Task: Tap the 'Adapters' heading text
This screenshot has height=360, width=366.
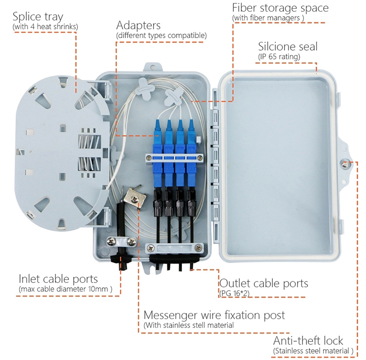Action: tap(138, 25)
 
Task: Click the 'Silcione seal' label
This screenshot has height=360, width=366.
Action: tap(287, 46)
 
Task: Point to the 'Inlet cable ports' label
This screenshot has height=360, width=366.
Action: tap(58, 279)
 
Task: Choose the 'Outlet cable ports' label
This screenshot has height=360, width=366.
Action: tap(264, 283)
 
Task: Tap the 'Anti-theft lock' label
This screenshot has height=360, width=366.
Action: tap(308, 340)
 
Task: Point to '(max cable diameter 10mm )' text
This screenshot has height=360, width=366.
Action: tap(65, 290)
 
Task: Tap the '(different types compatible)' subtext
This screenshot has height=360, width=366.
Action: tap(161, 36)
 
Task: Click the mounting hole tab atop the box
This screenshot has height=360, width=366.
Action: tap(152, 64)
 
